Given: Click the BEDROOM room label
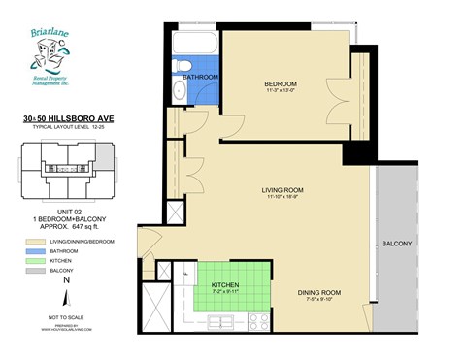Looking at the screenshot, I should [x=280, y=84].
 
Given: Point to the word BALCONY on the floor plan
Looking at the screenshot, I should [x=400, y=244].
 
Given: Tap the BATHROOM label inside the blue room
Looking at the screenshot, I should [x=201, y=77].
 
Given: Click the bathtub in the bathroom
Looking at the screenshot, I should [x=194, y=44].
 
